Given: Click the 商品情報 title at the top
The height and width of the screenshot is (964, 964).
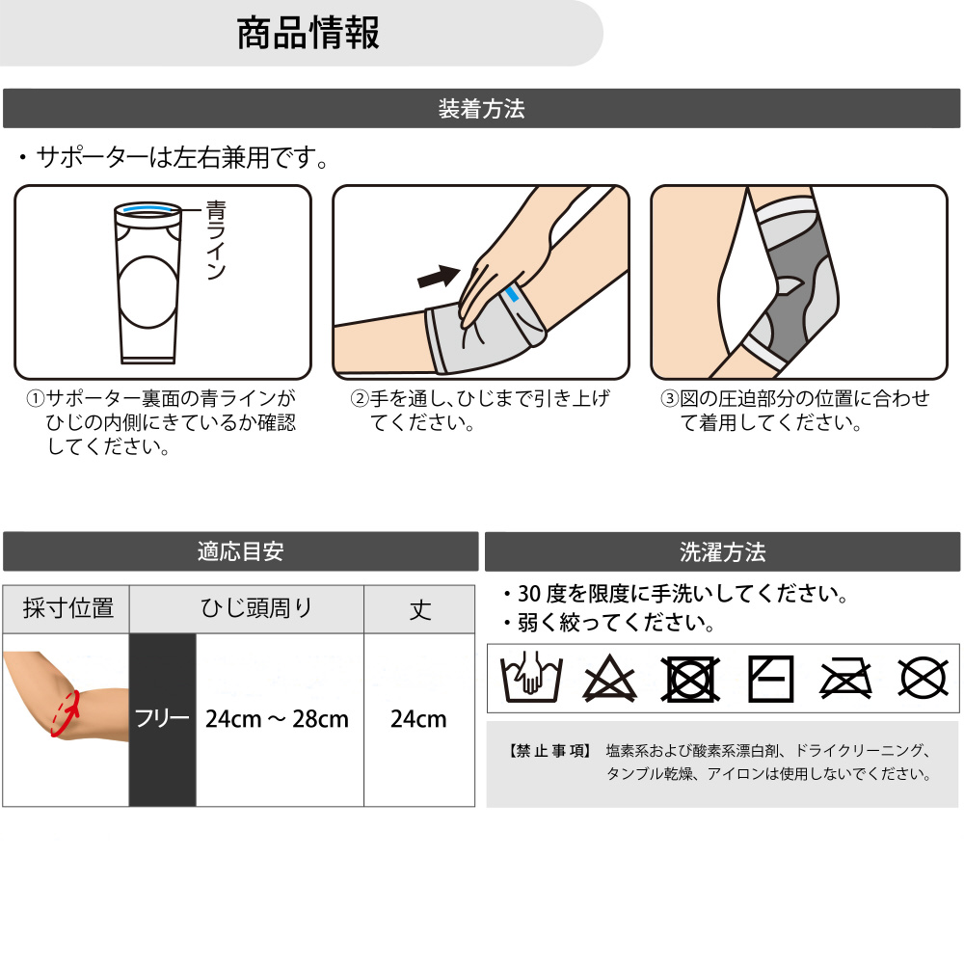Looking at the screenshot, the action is click(308, 33).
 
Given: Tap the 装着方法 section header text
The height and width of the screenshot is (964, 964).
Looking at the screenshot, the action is click(481, 109).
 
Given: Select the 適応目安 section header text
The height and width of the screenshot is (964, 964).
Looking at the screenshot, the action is click(240, 551).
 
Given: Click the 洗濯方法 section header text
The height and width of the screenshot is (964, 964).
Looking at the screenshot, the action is click(723, 551).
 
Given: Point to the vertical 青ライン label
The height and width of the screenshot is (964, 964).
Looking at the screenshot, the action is click(216, 240).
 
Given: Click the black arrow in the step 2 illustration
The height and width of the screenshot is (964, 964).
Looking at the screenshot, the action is click(439, 276).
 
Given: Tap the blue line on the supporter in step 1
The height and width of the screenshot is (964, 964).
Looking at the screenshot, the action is click(147, 209).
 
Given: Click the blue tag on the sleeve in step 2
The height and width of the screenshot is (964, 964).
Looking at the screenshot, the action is click(512, 293).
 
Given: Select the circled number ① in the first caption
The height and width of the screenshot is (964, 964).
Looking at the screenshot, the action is click(35, 399).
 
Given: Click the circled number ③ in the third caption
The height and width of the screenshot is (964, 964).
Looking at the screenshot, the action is click(670, 399).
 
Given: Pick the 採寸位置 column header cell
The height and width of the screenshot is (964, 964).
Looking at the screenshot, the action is click(67, 609).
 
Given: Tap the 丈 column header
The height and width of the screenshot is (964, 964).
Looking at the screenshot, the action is click(419, 609).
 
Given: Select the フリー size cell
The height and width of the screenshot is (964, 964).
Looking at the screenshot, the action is click(162, 719).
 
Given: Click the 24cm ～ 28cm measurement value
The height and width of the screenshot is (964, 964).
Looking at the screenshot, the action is click(278, 719).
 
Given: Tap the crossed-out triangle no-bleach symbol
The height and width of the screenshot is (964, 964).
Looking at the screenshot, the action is click(609, 680).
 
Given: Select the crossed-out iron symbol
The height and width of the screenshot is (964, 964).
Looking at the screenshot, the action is click(846, 679).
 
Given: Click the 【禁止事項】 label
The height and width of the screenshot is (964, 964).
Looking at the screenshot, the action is click(549, 751).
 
